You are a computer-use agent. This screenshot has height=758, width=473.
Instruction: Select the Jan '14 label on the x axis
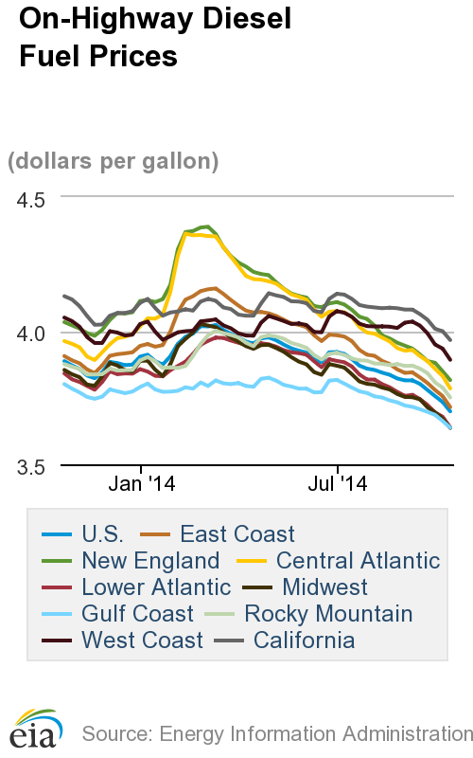141,484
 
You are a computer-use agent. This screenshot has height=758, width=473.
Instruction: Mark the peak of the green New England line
206,226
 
